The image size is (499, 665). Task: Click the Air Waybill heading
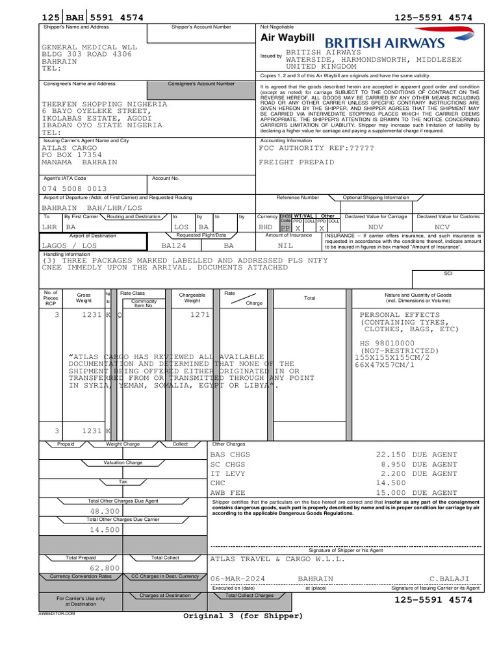(x=287, y=38)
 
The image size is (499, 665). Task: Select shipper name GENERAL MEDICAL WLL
(x=89, y=47)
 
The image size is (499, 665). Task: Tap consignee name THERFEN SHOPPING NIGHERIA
(x=105, y=104)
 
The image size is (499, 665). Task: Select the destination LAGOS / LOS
(x=69, y=246)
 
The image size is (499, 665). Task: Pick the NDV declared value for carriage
(x=376, y=228)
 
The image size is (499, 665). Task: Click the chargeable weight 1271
(x=200, y=314)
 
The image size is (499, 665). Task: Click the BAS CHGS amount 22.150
(x=392, y=455)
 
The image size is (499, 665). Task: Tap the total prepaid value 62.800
(x=105, y=568)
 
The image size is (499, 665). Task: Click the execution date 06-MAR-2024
(x=238, y=578)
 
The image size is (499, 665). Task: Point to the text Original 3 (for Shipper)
(x=243, y=616)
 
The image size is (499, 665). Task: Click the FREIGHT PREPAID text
(x=297, y=162)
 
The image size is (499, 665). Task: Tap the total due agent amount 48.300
(x=105, y=511)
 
